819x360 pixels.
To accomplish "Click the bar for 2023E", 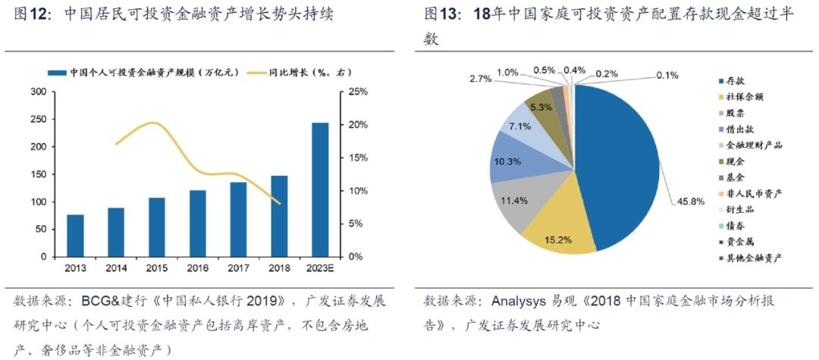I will point(320,189).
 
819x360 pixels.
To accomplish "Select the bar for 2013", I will point(76,236).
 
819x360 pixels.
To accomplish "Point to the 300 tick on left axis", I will point(38,92).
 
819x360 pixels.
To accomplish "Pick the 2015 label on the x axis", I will point(157,268).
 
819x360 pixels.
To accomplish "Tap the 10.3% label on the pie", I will point(507,161).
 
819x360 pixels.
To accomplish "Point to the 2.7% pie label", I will point(481,79).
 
